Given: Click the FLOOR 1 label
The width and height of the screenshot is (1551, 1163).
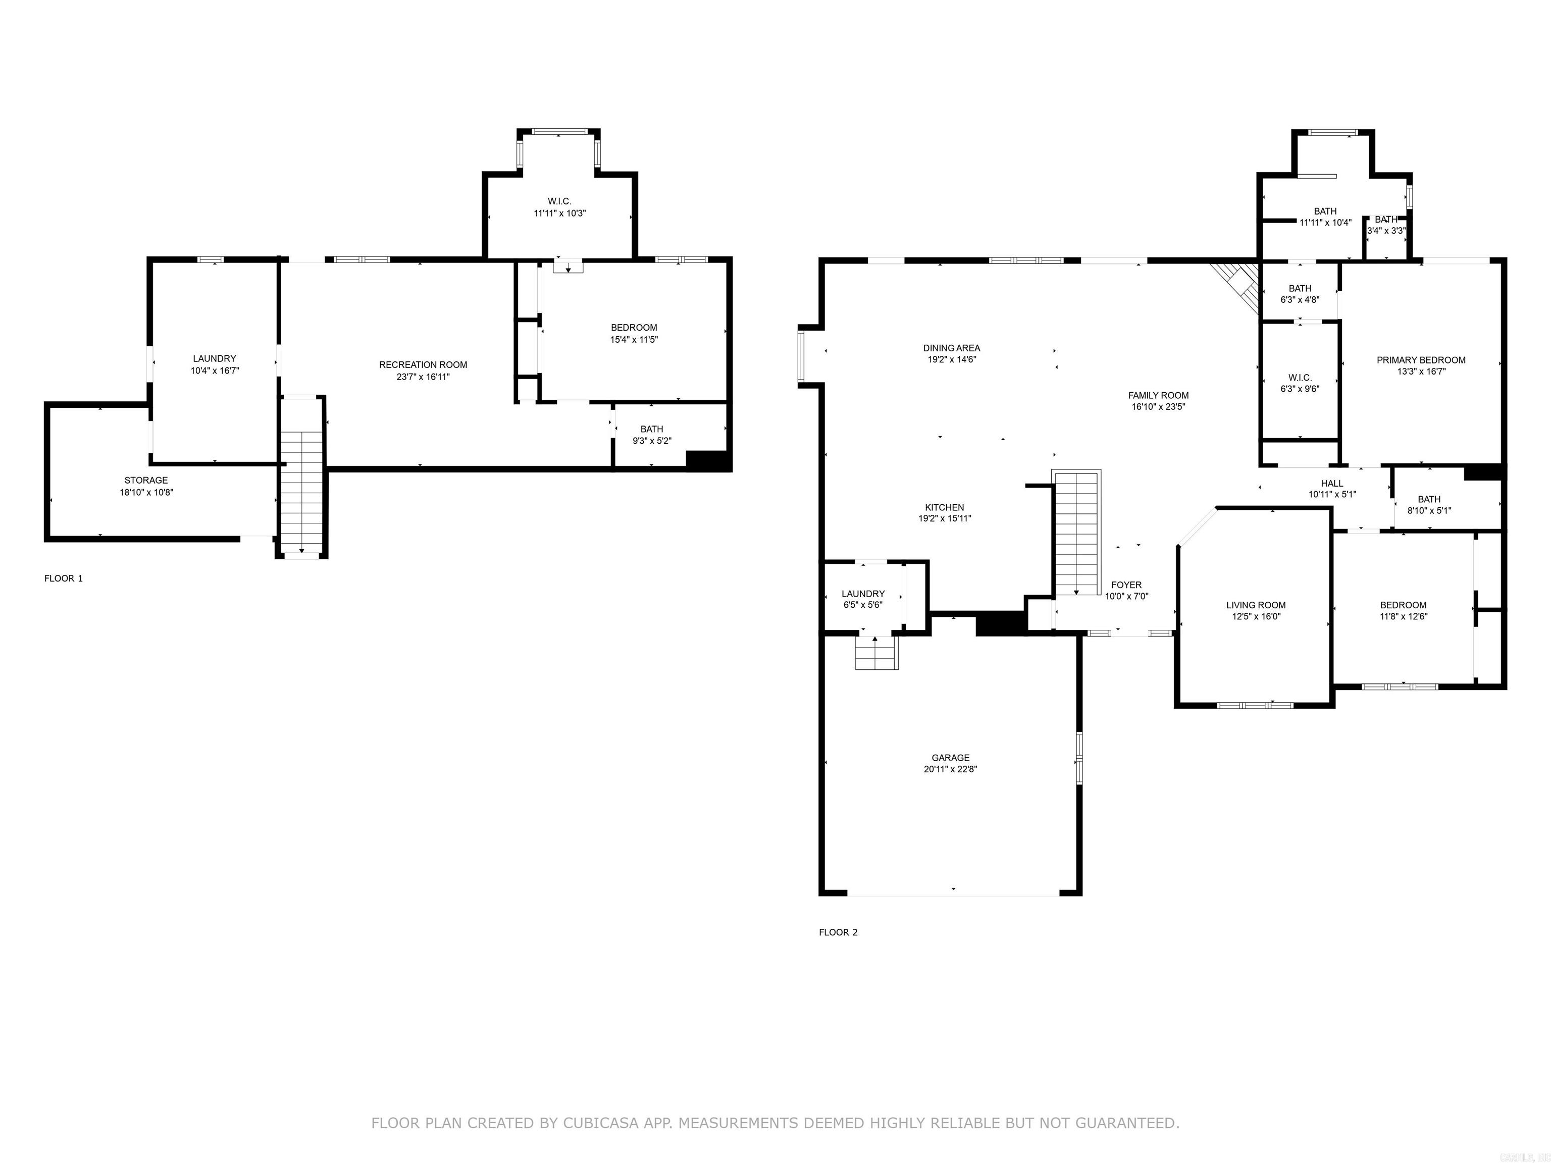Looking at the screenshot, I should tap(63, 578).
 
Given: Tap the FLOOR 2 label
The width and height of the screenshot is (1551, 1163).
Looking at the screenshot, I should tap(838, 932).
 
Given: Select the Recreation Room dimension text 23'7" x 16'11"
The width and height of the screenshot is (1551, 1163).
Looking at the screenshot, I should tap(423, 377).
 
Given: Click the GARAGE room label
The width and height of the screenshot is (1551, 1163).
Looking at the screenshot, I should tap(950, 757).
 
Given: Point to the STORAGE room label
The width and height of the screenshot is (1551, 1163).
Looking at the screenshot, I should tap(146, 480).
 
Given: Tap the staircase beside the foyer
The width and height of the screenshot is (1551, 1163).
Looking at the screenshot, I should tap(1076, 533).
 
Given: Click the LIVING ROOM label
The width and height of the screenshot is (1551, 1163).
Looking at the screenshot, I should tap(1255, 605).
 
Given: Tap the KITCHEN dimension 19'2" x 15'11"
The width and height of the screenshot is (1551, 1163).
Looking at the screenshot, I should tap(945, 519).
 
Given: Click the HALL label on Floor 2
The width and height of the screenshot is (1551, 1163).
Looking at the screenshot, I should tap(1331, 483).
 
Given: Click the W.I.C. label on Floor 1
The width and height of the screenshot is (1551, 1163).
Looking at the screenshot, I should tap(559, 201).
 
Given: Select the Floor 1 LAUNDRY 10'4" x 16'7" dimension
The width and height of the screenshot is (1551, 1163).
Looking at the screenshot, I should tap(215, 370).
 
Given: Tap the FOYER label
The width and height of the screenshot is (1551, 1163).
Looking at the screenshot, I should tap(1126, 585).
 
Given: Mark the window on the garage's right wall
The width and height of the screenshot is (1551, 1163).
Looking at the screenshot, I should tap(1079, 757).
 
